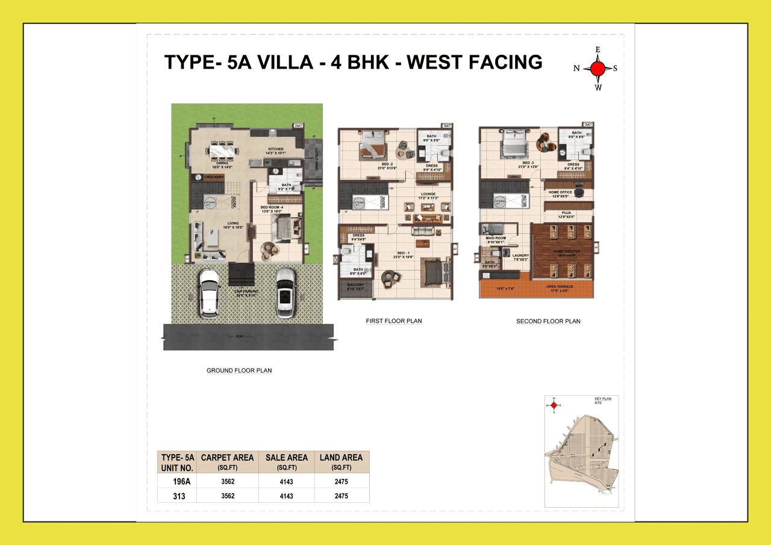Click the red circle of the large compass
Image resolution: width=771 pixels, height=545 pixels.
point(597,69)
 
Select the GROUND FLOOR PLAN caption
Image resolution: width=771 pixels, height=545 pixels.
point(239,370)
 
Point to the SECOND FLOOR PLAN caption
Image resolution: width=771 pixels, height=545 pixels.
point(548,321)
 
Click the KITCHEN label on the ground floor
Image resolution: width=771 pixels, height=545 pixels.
point(276,149)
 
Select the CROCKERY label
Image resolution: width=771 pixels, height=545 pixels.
point(214,177)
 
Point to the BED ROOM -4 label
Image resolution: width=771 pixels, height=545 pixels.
point(272,208)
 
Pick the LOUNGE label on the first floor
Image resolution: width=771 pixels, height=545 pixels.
point(428,195)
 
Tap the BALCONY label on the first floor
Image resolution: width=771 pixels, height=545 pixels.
point(355,285)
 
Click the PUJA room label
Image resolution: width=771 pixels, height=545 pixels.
point(566,213)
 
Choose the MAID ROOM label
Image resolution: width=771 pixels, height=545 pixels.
point(496,238)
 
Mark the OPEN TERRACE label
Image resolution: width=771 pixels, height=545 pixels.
point(560,287)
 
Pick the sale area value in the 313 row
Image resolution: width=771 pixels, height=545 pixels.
point(286,496)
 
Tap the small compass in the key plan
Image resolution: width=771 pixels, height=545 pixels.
point(554,405)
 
